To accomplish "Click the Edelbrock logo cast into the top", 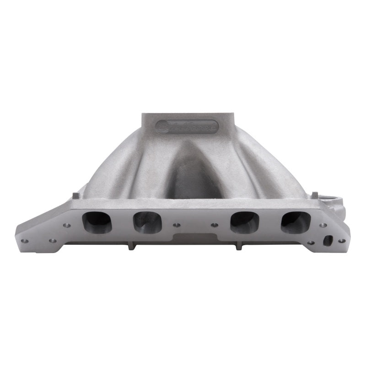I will click(187, 126).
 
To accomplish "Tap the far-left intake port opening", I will click(97, 221).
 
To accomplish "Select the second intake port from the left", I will click(147, 221).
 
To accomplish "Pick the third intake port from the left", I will click(245, 221).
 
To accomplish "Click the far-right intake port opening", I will click(296, 221).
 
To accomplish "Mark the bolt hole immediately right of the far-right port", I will click(323, 225).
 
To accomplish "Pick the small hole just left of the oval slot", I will click(311, 242).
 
